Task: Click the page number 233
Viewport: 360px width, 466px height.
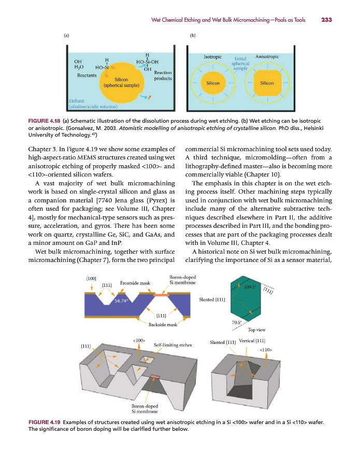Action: point(326,20)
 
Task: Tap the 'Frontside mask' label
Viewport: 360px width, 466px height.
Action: point(135,283)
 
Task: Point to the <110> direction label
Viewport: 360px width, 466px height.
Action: point(266,350)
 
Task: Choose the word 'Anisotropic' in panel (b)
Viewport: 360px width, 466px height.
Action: point(267,56)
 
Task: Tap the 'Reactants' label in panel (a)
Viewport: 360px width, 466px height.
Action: point(87,76)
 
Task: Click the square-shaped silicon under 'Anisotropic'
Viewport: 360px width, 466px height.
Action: point(267,83)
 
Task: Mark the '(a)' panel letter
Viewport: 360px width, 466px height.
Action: point(67,36)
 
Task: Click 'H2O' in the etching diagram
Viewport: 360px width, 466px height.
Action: point(80,67)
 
